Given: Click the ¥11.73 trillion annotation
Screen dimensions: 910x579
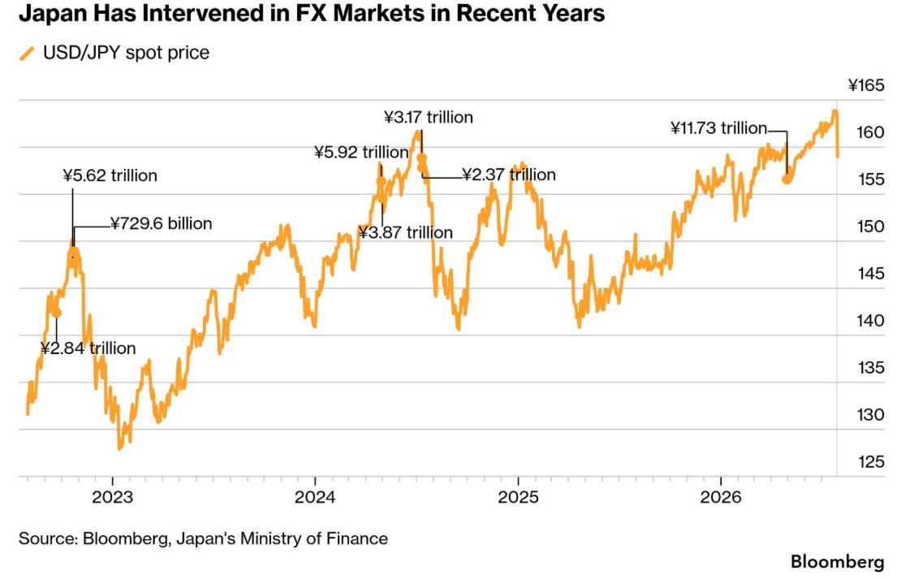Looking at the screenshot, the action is tap(718, 127).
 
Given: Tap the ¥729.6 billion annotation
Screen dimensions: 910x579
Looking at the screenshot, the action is tap(162, 223).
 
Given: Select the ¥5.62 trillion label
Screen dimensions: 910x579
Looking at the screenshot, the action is tap(110, 175).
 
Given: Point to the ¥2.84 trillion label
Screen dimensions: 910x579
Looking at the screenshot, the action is tap(88, 348).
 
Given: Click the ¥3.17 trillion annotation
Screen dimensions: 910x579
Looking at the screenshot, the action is tap(429, 117).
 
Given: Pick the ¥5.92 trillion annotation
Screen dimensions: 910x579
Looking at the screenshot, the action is tap(361, 152).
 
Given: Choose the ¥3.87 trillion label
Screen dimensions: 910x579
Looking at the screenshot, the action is tap(405, 232).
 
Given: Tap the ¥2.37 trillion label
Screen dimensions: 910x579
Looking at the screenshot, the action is tap(509, 175).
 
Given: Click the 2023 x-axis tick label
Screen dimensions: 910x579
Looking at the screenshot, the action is tap(113, 497).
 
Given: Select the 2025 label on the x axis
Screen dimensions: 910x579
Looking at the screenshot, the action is tap(518, 497).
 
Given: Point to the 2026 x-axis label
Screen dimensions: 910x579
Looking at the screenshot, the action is tap(721, 497).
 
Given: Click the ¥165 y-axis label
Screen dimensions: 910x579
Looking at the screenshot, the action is tap(866, 85).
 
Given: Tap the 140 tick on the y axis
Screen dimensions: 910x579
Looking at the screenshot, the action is tap(870, 321).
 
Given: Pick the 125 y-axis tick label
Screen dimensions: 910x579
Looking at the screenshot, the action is tap(870, 462).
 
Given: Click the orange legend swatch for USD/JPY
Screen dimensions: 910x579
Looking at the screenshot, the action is tap(28, 54).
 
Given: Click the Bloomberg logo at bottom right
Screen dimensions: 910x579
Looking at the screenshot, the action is tap(838, 562).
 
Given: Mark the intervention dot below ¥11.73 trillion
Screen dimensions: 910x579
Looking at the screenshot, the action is tap(787, 179).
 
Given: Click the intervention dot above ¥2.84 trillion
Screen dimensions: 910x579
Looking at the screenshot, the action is tap(56, 313).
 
